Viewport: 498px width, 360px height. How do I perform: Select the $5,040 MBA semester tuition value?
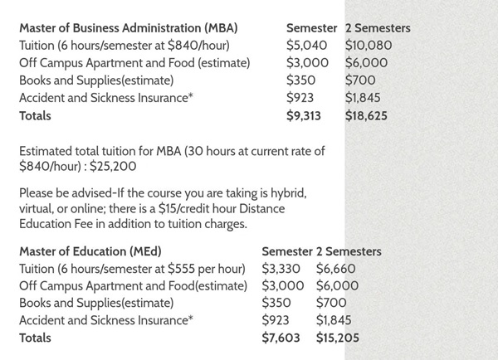tap(306, 46)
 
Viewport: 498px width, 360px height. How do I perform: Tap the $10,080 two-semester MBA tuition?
tap(368, 46)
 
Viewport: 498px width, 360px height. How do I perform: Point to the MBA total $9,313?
tap(306, 116)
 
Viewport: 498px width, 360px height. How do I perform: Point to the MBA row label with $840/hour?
tap(124, 46)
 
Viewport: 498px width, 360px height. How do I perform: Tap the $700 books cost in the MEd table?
tap(331, 303)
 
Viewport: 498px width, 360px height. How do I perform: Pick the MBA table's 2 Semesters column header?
tap(378, 28)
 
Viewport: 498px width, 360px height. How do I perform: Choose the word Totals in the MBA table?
tap(35, 116)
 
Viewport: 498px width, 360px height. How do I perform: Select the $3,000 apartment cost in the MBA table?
tap(306, 63)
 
